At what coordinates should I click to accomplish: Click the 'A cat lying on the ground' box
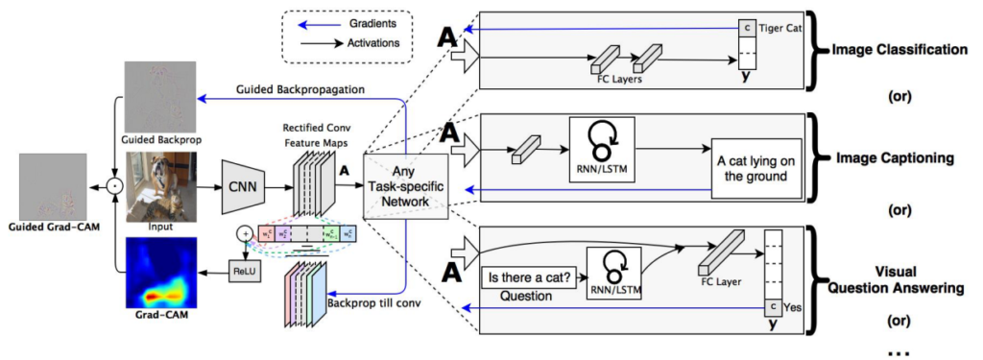coord(755,168)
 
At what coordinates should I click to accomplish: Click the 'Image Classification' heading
coord(899,49)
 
